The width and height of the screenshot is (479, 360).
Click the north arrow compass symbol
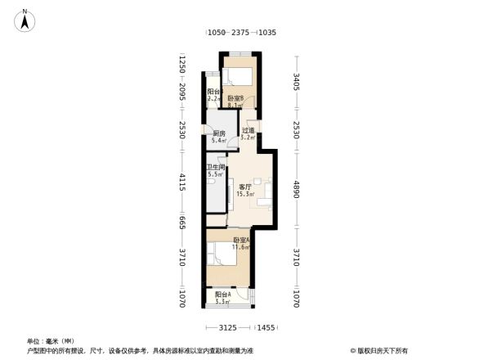point(25,20)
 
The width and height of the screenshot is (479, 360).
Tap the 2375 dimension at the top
point(240,33)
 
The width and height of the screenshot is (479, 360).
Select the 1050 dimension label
point(215,33)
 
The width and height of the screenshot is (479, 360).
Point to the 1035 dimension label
point(266,33)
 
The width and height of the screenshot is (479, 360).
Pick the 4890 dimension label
point(298,190)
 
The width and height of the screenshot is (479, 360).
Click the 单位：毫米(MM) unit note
point(51,341)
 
